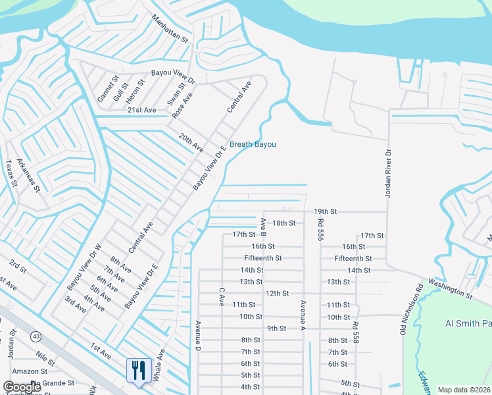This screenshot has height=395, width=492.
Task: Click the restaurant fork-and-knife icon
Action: [x=139, y=370]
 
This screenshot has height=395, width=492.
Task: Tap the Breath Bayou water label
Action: [x=253, y=145]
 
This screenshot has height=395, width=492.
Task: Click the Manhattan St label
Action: [x=170, y=30]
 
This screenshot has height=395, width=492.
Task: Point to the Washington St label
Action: [x=451, y=288]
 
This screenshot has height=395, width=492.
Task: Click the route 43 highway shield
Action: [x=36, y=336]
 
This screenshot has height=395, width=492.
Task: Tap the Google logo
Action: [x=22, y=387]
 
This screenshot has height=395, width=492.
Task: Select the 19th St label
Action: [x=325, y=211]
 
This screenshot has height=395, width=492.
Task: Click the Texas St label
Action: [x=10, y=173]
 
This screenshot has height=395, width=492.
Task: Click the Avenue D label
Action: [x=197, y=336]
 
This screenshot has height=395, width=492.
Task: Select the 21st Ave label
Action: [x=141, y=110]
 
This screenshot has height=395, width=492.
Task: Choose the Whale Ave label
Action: [x=158, y=369]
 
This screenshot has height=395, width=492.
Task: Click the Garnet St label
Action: [x=104, y=90]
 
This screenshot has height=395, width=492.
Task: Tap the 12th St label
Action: [x=277, y=293]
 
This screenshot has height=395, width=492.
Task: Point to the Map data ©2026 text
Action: [x=464, y=390]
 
